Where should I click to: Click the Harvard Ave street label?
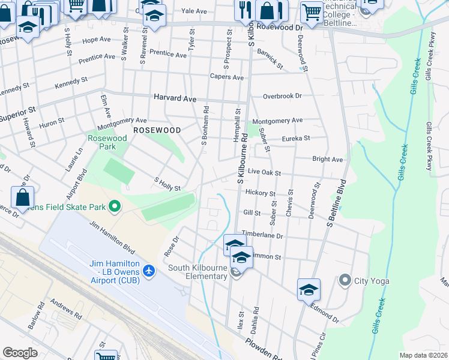(x=175, y=97)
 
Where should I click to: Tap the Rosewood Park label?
(x=107, y=142)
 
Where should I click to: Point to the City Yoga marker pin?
(x=345, y=280)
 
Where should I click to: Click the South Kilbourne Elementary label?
(x=196, y=268)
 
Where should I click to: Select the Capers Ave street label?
(x=226, y=77)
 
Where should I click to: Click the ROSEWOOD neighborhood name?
(x=157, y=130)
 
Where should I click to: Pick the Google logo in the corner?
(x=20, y=352)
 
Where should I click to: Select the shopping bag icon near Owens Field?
(x=22, y=197)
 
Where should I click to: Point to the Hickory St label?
(x=260, y=194)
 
